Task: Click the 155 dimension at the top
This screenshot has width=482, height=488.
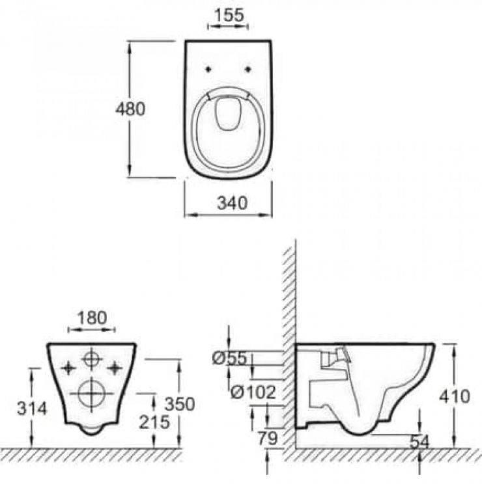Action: point(229,15)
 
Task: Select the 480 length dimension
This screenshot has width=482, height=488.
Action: point(130,109)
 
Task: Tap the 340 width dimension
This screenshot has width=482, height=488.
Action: point(232,203)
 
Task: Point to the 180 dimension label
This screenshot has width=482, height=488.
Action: point(92,318)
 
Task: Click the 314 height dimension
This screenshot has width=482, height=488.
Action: point(32,409)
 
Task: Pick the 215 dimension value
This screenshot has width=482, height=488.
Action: point(154,422)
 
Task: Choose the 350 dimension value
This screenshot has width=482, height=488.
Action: point(180,404)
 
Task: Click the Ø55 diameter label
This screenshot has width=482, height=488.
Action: point(230,359)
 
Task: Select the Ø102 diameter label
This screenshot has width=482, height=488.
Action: point(253,392)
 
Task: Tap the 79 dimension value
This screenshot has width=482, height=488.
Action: point(268,439)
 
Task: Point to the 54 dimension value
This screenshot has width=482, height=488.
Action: point(419,442)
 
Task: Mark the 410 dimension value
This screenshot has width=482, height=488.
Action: point(455,397)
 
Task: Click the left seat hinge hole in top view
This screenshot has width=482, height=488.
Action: point(208,70)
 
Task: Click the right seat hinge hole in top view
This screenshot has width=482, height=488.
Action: point(248,70)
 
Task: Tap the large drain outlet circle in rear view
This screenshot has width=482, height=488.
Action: point(92,394)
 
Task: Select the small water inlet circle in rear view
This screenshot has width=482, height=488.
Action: point(92,359)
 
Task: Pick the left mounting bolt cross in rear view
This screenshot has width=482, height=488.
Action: point(68,368)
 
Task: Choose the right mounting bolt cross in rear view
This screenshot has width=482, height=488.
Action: point(115,368)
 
